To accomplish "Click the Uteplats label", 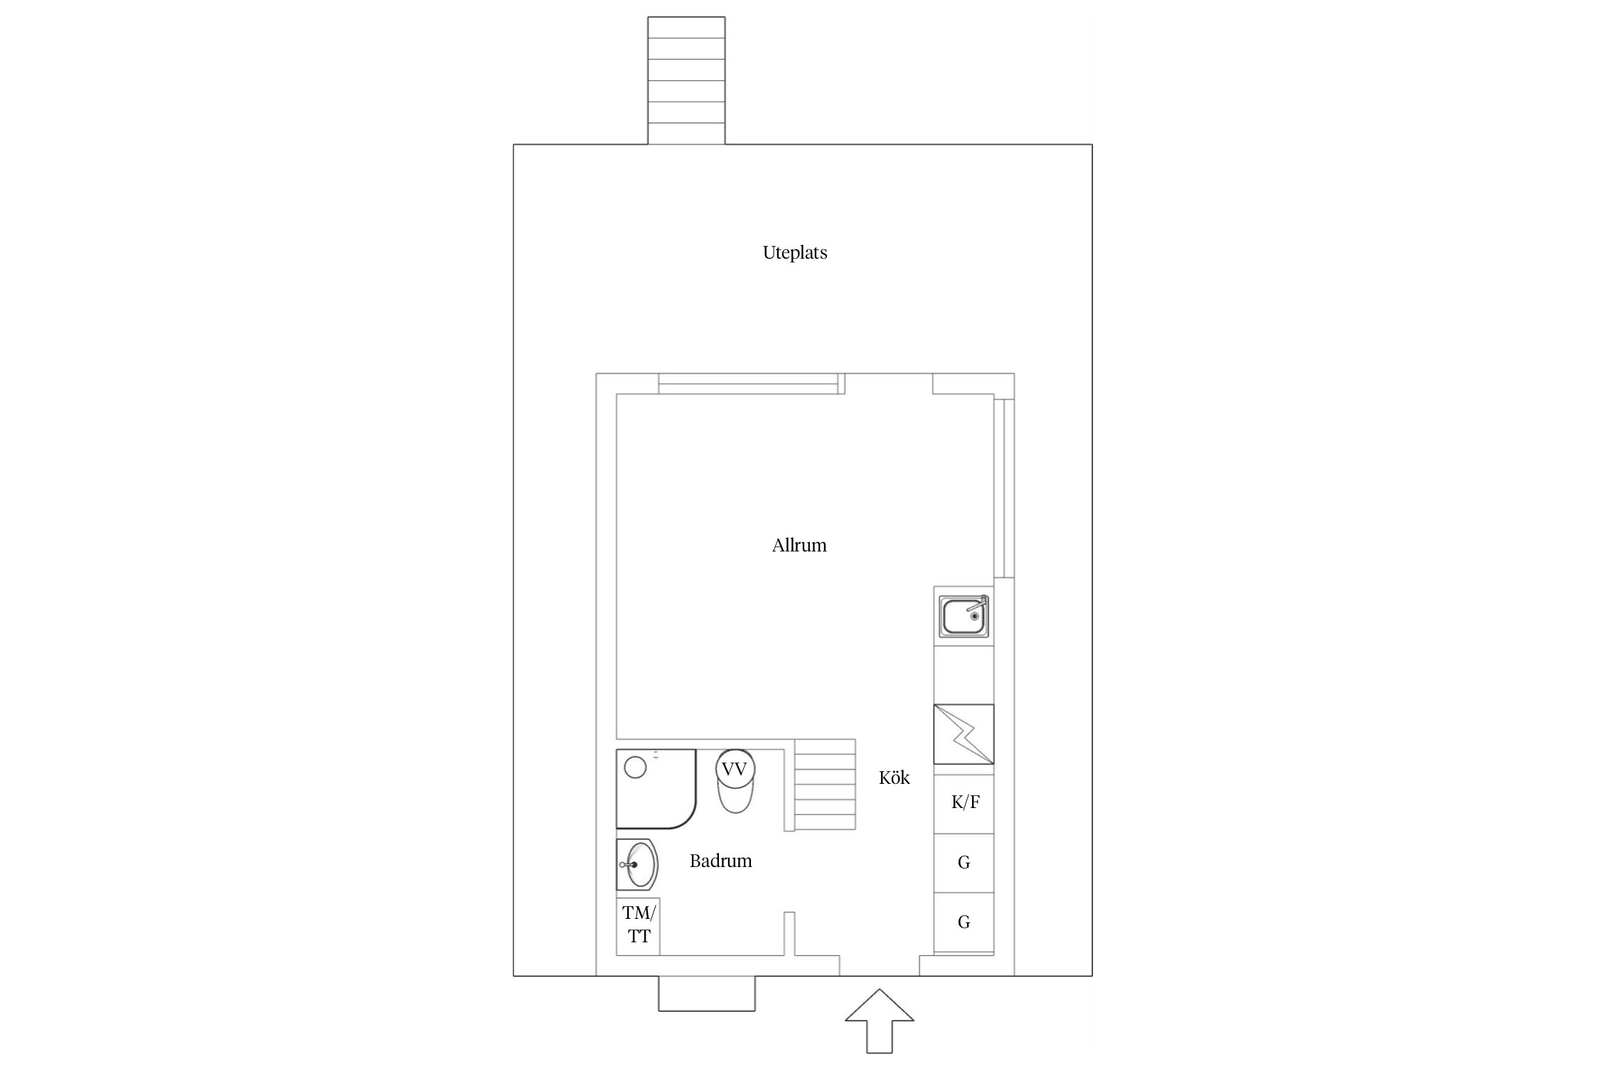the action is pyautogui.click(x=795, y=253).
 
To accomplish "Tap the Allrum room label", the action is pyautogui.click(x=799, y=546).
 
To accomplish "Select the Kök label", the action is pyautogui.click(x=894, y=777).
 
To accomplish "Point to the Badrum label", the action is pyautogui.click(x=720, y=861).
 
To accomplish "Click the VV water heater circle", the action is pyautogui.click(x=735, y=769).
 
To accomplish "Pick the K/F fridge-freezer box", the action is pyautogui.click(x=964, y=804).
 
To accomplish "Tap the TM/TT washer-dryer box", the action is pyautogui.click(x=638, y=926).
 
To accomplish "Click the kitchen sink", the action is pyautogui.click(x=964, y=616).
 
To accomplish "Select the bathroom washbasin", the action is pyautogui.click(x=637, y=865).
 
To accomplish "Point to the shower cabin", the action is pyautogui.click(x=656, y=789).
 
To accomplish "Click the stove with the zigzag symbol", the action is pyautogui.click(x=964, y=734).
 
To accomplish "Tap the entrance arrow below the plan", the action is pyautogui.click(x=880, y=1021).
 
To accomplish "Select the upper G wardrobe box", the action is pyautogui.click(x=964, y=863).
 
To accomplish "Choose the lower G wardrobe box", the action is pyautogui.click(x=964, y=922).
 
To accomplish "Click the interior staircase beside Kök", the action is pyautogui.click(x=825, y=785).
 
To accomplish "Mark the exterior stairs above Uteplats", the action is pyautogui.click(x=686, y=80).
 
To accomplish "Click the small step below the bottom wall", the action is pyautogui.click(x=707, y=994).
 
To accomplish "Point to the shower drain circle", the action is pyautogui.click(x=635, y=768).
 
